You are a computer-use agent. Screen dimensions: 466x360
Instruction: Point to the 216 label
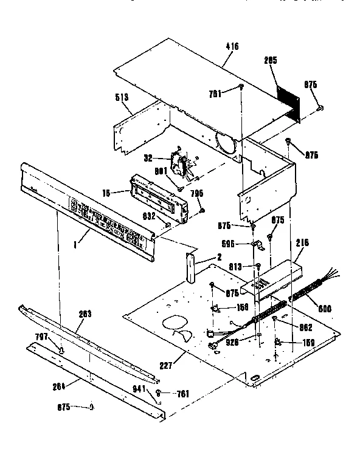302,242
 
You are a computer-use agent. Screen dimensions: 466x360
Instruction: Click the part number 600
325,308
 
